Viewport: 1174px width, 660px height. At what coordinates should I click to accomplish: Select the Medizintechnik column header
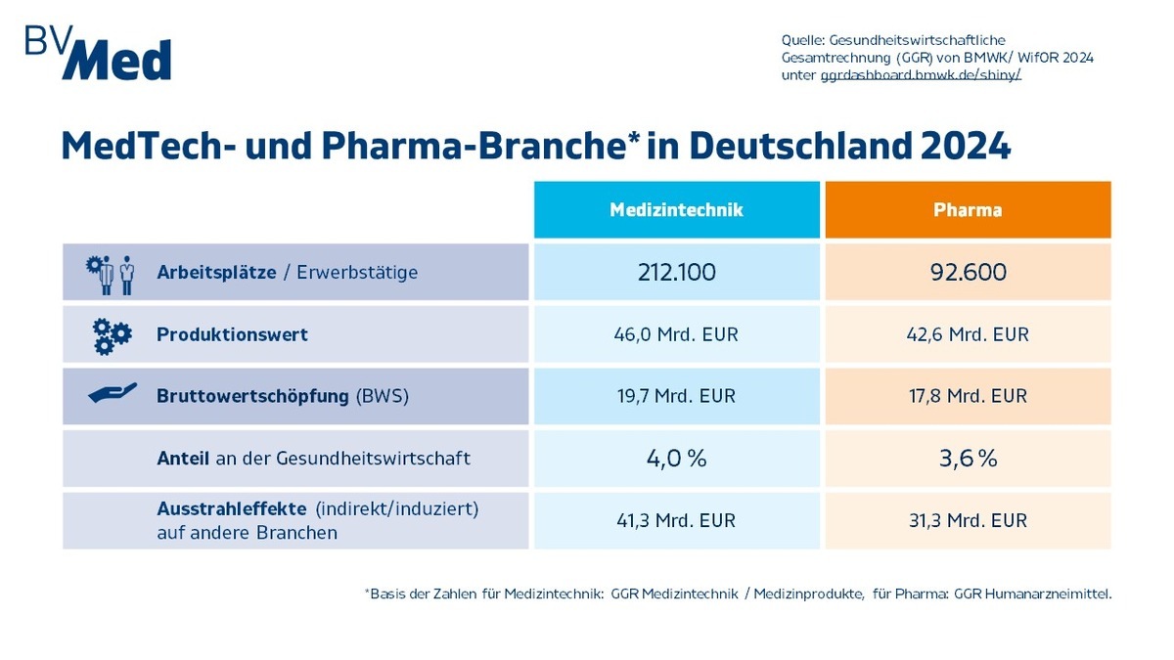[676, 209]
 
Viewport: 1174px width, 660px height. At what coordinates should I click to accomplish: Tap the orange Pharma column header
[968, 209]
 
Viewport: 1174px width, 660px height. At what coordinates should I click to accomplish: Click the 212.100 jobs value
[676, 272]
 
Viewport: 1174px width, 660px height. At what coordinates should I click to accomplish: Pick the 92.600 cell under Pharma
[968, 272]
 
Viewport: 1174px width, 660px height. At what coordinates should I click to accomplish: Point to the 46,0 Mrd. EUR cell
[676, 334]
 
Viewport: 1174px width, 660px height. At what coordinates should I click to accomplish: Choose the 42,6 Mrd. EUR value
[968, 334]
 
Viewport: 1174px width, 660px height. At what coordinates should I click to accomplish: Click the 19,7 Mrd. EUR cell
[676, 396]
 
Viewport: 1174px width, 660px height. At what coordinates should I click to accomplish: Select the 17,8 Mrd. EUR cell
[968, 396]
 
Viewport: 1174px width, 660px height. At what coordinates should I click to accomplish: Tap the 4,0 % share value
[676, 458]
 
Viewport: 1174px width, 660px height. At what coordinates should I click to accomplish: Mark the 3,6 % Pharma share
[968, 458]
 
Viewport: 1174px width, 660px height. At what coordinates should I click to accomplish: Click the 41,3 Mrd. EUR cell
[676, 520]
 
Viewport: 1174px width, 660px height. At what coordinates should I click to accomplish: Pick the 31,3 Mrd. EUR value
[968, 520]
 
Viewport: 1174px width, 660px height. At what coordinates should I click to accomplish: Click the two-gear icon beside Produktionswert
[112, 335]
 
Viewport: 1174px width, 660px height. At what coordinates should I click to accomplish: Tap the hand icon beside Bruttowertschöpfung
[112, 395]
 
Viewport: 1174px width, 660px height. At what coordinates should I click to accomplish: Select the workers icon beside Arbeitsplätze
[111, 274]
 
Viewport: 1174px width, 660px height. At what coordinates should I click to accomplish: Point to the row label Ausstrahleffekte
[231, 509]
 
